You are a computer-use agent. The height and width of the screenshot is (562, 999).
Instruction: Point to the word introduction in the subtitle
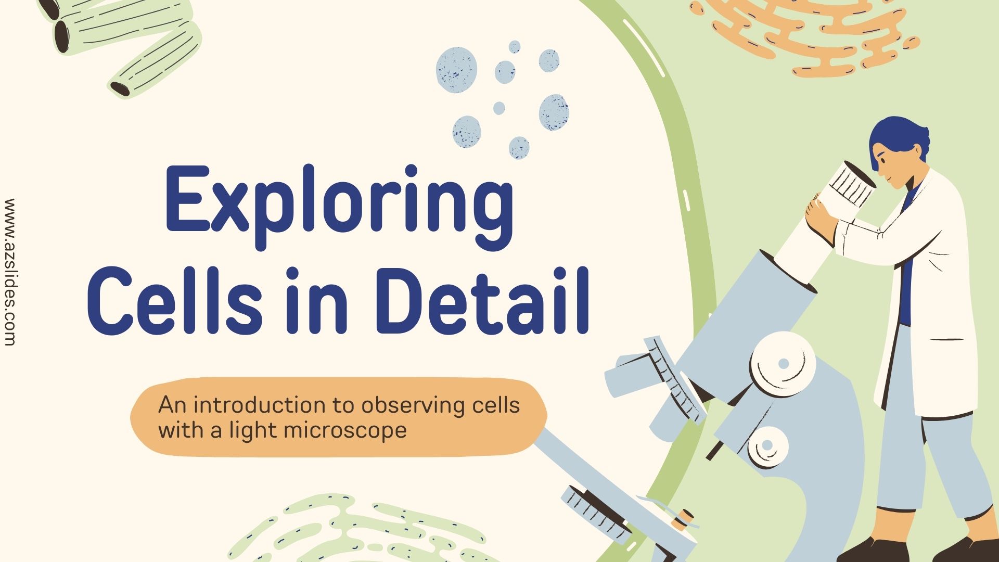pyautogui.click(x=260, y=405)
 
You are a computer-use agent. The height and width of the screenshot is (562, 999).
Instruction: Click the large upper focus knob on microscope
pyautogui.click(x=783, y=364)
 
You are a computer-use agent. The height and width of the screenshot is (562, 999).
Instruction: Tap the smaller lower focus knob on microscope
pyautogui.click(x=767, y=445)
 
